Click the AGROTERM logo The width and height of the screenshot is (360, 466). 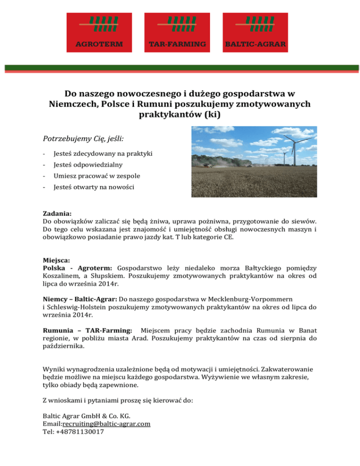100,32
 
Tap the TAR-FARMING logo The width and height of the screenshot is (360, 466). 177,32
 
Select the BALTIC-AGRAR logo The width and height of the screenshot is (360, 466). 255,32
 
